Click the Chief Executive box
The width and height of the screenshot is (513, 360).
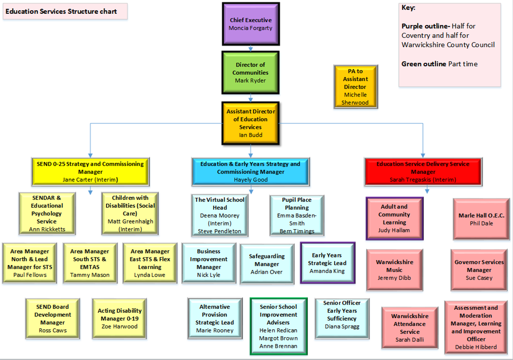[x=250, y=24]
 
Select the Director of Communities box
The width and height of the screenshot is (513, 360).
[x=250, y=72]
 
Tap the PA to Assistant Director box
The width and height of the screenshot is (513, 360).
[x=355, y=86]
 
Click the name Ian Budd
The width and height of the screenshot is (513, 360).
[x=251, y=135]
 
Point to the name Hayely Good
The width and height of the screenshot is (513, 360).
[x=250, y=180]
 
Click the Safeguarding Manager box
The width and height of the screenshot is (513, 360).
[x=267, y=264]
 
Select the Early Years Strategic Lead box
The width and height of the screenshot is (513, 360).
[x=327, y=263]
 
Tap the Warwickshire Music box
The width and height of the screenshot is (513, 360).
[x=394, y=270]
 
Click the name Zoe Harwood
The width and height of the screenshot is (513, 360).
[x=120, y=326]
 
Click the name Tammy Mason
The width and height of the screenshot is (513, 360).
[x=90, y=275]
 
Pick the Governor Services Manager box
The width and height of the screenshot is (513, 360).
[x=479, y=270]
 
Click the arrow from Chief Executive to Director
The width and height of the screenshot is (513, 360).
[x=250, y=48]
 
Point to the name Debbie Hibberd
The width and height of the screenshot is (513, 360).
[x=476, y=346]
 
